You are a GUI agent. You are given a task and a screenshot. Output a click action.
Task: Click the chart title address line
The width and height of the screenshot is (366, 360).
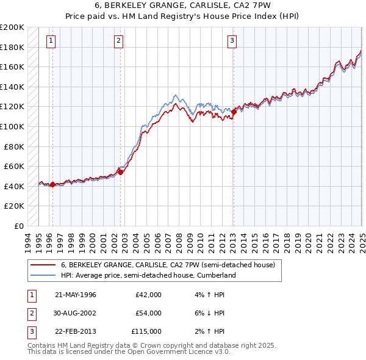pyautogui.click(x=182, y=6)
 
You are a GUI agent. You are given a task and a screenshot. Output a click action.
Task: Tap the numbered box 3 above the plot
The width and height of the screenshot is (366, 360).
pyautogui.click(x=232, y=41)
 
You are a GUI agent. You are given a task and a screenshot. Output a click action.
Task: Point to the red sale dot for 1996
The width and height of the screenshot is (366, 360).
pyautogui.click(x=52, y=184)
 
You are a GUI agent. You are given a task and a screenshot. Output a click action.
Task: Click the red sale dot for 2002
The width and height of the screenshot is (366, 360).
pyautogui.click(x=121, y=172)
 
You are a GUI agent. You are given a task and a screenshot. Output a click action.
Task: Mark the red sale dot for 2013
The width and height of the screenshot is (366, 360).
pyautogui.click(x=234, y=112)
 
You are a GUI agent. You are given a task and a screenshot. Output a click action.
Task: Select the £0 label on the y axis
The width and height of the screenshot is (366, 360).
pyautogui.click(x=19, y=226)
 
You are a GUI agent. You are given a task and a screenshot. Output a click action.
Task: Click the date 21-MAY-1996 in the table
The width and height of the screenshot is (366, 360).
pyautogui.click(x=76, y=295)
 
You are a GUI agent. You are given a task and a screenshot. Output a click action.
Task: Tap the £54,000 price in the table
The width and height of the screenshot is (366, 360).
pyautogui.click(x=148, y=313)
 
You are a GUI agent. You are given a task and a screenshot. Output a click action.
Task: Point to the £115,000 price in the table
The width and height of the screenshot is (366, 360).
pyautogui.click(x=146, y=331)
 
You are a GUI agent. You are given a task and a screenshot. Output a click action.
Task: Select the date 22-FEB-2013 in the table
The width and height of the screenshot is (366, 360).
pyautogui.click(x=76, y=331)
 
